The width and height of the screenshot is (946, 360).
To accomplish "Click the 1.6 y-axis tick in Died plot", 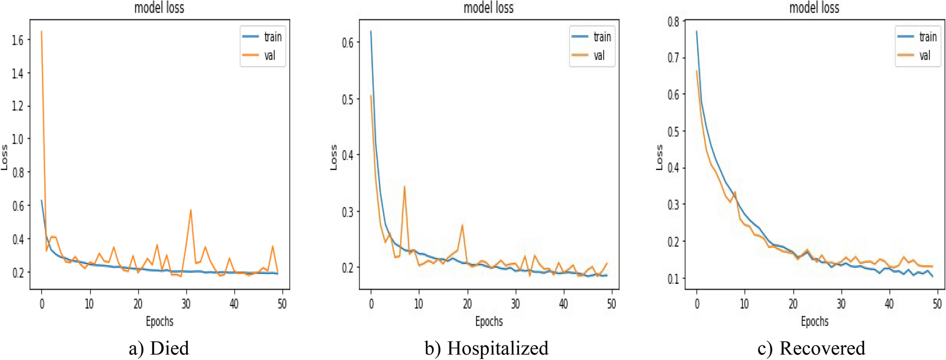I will tap(18, 40).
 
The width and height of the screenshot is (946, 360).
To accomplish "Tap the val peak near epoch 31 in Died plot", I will tap(190, 210).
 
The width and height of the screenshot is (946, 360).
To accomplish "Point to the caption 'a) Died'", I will tap(159, 348).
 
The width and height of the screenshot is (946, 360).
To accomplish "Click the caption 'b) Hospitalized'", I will tap(486, 348).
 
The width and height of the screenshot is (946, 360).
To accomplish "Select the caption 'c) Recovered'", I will tap(811, 348).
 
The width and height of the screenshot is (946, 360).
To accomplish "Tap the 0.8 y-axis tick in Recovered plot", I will tap(673, 21).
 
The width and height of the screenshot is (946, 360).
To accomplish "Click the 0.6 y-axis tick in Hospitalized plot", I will tap(347, 42).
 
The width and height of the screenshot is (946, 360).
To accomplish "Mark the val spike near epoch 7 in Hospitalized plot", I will tap(404, 187).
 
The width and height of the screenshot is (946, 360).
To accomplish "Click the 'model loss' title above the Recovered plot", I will tap(814, 8).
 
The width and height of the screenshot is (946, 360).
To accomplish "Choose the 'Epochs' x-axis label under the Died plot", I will tap(159, 321).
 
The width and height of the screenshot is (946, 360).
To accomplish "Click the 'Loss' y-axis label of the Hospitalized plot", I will tap(334, 157).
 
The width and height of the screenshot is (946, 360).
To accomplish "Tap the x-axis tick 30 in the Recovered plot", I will tap(841, 304).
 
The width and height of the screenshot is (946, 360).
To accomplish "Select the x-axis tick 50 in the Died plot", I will tap(282, 304).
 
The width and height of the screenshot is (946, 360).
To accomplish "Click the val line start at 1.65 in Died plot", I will tap(41, 32).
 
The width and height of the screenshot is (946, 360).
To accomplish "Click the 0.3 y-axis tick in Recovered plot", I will tap(673, 205).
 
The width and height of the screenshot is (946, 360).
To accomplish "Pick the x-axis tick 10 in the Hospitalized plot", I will tap(419, 304).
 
